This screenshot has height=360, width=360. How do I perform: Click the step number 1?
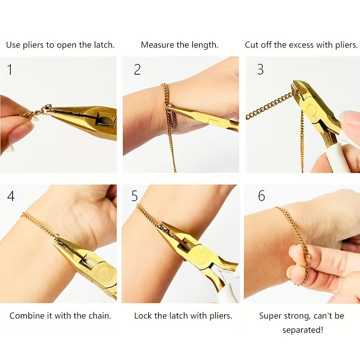10,69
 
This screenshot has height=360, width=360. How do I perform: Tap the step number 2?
137,69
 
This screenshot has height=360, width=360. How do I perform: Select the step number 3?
260,69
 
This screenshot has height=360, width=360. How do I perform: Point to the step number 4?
11,196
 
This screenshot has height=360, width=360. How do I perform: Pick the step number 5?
135,196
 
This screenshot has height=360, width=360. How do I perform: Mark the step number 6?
261,196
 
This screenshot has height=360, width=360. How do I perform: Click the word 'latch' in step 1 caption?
101,45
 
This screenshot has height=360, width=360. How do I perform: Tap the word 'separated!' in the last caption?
302,330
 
